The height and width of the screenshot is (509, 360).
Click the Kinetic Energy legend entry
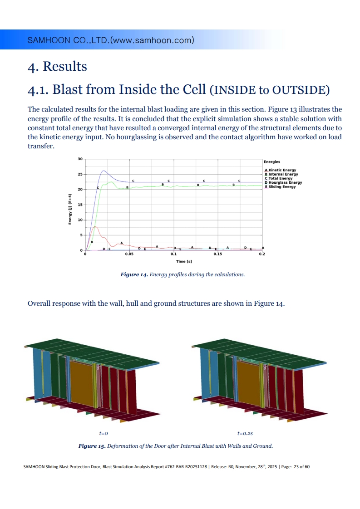281,170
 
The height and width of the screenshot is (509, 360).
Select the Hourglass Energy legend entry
283,182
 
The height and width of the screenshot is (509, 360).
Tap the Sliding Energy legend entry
281,186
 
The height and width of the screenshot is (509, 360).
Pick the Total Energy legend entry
278,178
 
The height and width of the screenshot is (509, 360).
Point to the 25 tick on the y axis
80,174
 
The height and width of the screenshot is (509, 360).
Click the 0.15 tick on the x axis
218,254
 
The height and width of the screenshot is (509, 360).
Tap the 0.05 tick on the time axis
129,254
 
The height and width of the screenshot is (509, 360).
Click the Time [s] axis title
184,261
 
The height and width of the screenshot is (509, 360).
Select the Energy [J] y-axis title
70,209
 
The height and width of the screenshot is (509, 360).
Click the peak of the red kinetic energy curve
95,226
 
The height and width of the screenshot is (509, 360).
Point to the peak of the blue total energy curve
104,171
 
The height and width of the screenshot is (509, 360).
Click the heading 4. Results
58,66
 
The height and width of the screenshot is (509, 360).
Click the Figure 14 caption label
134,274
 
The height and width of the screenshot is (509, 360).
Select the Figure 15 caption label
92,446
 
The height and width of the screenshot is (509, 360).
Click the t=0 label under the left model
104,433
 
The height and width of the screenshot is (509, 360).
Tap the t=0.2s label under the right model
245,433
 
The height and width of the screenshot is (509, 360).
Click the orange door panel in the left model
82,383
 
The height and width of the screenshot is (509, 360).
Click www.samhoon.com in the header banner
152,40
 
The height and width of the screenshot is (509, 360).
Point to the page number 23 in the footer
296,467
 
